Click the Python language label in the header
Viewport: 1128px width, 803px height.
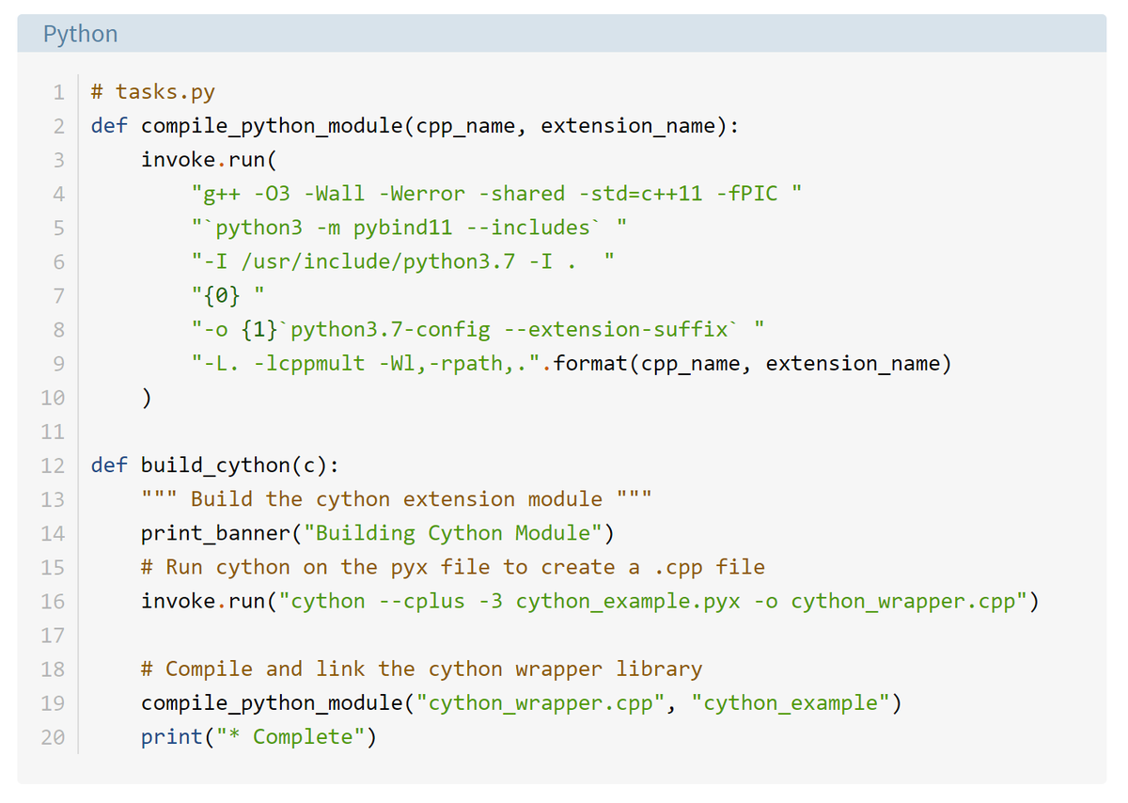pos(81,34)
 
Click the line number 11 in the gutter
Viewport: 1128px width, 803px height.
pos(53,432)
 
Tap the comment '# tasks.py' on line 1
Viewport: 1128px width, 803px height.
pos(153,92)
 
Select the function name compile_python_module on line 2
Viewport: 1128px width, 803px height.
pos(272,126)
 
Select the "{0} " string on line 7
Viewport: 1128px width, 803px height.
pos(222,295)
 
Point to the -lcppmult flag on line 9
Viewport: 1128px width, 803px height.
pos(309,364)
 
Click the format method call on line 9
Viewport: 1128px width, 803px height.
pos(590,364)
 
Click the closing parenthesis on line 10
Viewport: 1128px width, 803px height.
pos(147,398)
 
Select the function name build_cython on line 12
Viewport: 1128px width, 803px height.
pos(215,465)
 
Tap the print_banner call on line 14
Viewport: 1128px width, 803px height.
pos(215,533)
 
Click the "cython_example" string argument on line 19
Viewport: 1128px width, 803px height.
pos(791,702)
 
